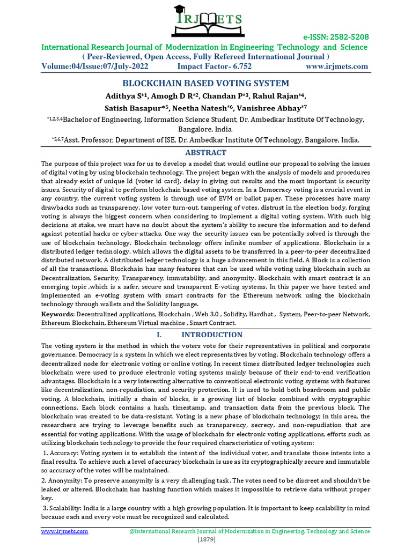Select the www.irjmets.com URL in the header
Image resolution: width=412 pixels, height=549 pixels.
click(337, 66)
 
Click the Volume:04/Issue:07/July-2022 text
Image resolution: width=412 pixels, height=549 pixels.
click(102, 66)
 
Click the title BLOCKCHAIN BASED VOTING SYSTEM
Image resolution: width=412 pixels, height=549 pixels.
click(206, 83)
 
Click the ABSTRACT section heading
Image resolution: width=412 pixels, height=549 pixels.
click(206, 153)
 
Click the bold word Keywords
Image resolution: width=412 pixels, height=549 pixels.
click(58, 314)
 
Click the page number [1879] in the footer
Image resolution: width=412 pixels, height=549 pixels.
click(206, 539)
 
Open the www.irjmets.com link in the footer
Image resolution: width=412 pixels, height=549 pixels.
click(65, 531)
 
